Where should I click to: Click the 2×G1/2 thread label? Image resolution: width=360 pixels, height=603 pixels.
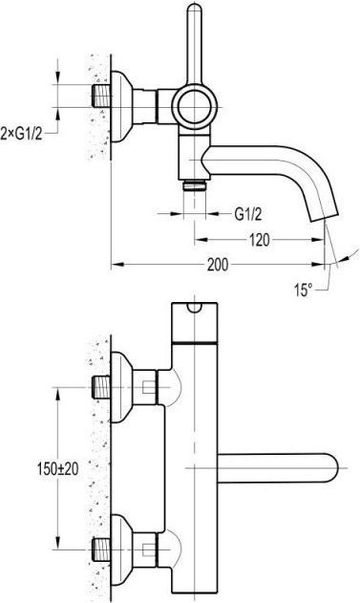pyautogui.click(x=21, y=134)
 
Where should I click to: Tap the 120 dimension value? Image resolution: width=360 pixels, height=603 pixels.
pyautogui.click(x=260, y=240)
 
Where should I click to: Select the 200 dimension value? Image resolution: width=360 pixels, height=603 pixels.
pyautogui.click(x=218, y=265)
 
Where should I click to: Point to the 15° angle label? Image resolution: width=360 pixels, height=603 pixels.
pyautogui.click(x=303, y=290)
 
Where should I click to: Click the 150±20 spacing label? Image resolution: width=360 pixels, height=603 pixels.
pyautogui.click(x=58, y=468)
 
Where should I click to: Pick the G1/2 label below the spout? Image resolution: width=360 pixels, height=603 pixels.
pyautogui.click(x=248, y=214)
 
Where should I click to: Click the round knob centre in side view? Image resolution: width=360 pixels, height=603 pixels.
pyautogui.click(x=195, y=106)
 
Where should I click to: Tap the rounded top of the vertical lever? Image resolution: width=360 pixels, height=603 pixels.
pyautogui.click(x=195, y=9)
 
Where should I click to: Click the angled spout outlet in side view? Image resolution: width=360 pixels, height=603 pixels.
pyautogui.click(x=324, y=218)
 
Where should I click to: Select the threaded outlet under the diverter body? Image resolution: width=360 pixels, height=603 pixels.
pyautogui.click(x=195, y=185)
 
